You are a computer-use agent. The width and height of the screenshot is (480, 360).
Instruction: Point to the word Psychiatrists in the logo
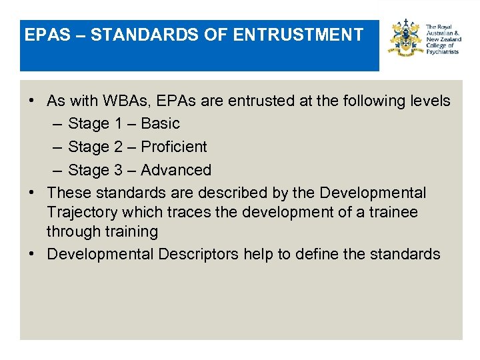click(442, 51)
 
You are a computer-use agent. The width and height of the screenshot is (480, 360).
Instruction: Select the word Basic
click(161, 124)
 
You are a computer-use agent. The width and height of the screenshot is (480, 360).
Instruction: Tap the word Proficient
click(175, 147)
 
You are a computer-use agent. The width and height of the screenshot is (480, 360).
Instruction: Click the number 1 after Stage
click(118, 124)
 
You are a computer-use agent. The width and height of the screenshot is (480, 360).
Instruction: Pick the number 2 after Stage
click(118, 147)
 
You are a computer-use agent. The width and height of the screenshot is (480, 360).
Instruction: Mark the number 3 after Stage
click(118, 170)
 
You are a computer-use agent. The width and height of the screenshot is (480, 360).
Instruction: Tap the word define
click(322, 255)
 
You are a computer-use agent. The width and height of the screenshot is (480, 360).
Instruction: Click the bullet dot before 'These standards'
click(32, 193)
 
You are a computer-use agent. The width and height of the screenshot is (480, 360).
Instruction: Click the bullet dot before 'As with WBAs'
click(32, 101)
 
